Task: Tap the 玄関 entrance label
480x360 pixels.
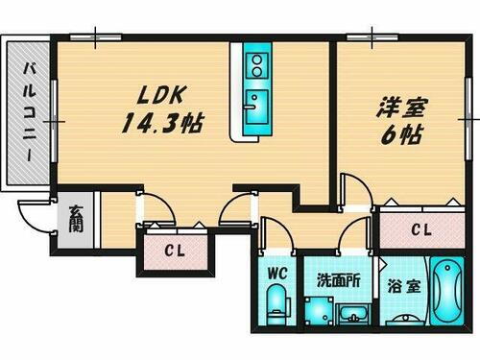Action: (x=75, y=224)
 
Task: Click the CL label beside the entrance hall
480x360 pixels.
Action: (x=174, y=253)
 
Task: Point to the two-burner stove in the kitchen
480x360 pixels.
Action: (x=256, y=66)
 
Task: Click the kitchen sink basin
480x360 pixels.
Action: (x=256, y=103)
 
